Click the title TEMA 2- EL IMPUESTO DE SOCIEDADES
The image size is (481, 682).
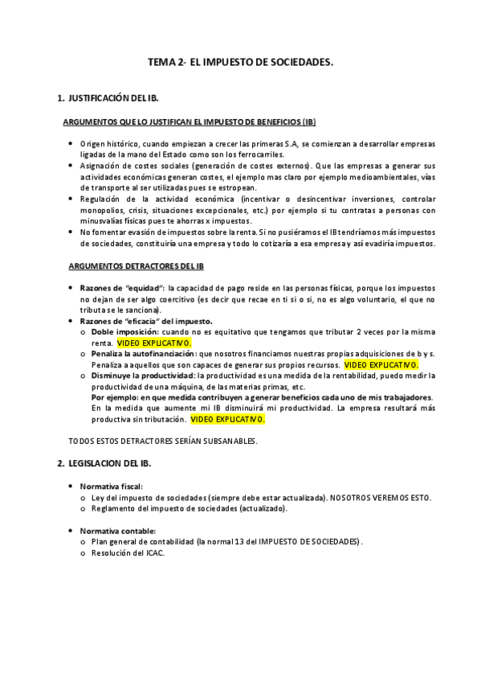coord(241,61)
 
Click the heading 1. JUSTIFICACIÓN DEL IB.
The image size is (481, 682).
coord(108,98)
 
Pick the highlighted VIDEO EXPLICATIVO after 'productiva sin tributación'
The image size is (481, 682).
coord(227,419)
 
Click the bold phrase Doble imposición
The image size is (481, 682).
coord(124,331)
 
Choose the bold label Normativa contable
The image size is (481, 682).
coord(117,531)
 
